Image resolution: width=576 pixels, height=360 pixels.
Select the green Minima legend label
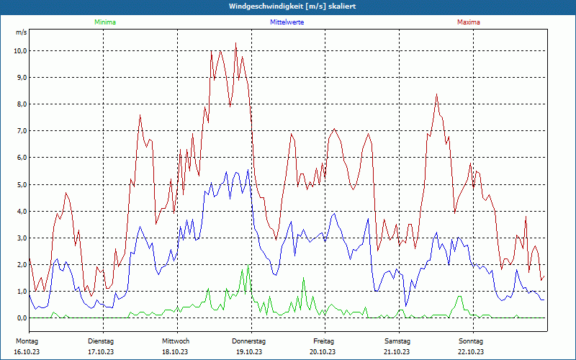point(104,22)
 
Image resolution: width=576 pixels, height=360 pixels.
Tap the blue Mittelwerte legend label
point(287,22)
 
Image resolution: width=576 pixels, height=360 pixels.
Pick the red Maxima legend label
point(469,22)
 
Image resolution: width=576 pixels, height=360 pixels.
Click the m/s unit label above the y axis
point(21,33)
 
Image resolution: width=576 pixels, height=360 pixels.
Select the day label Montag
point(27,341)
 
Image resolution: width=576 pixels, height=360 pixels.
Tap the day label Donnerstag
point(249,341)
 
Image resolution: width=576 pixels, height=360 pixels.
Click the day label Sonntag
point(471,341)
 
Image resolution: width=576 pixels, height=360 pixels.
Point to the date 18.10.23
point(175,351)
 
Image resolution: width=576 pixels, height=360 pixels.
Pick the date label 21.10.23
point(397,351)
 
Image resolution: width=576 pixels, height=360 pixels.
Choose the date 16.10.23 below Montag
point(27,351)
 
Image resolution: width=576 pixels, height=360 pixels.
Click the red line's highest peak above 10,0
point(235,43)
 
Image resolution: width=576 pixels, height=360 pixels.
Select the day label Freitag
point(323,341)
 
